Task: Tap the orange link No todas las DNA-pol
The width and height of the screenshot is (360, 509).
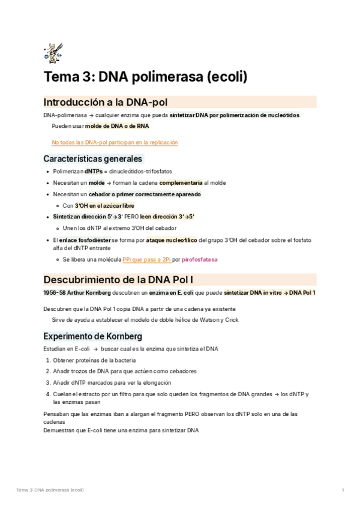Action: [115, 142]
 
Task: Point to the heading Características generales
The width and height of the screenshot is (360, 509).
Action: [93, 159]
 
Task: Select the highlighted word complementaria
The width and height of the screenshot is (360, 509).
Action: [181, 182]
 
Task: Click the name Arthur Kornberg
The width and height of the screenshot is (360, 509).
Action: [94, 292]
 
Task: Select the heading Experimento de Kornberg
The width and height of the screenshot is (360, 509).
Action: [92, 336]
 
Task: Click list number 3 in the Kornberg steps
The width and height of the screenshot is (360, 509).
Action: [48, 382]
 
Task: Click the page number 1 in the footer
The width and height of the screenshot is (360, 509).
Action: [342, 490]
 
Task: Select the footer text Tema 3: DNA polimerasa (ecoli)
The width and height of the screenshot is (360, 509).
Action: [50, 490]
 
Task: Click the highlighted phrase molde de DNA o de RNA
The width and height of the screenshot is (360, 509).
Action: [117, 126]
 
